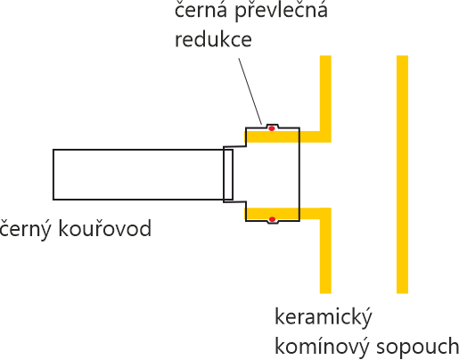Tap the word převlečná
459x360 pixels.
(281, 12)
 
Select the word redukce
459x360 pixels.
(213, 38)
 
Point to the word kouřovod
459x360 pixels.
(105, 228)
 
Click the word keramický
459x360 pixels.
(324, 318)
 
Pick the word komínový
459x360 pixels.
(322, 348)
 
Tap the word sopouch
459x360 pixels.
(418, 348)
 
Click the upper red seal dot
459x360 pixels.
(272, 128)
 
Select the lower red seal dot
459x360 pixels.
(272, 219)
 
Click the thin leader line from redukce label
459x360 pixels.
(250, 91)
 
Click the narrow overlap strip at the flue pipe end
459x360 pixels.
(228, 175)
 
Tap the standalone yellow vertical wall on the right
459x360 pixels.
(402, 175)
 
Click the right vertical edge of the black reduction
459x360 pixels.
(299, 175)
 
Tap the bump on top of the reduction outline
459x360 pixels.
(272, 126)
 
